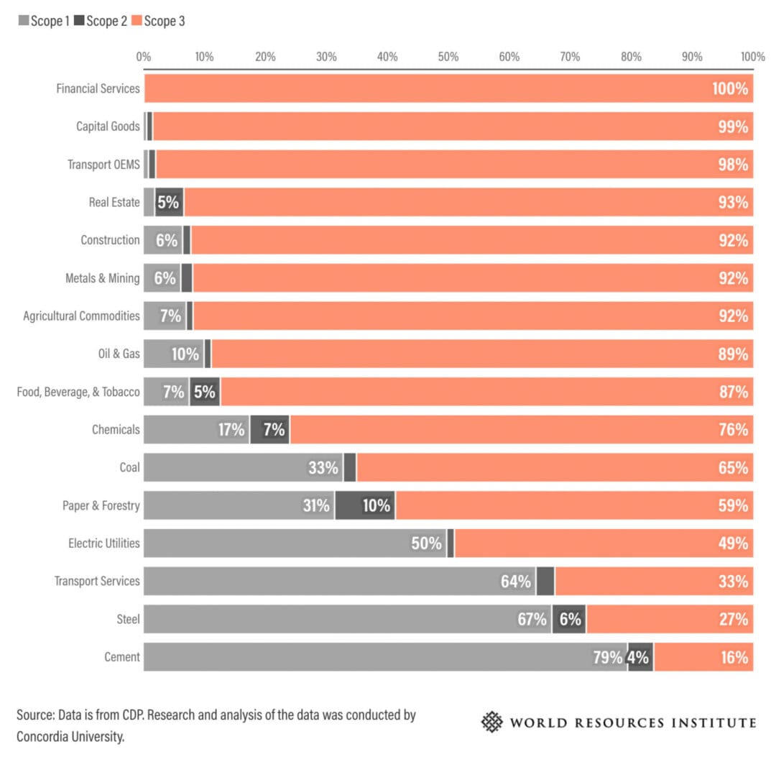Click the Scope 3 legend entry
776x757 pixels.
(158, 21)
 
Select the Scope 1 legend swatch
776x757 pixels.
(23, 21)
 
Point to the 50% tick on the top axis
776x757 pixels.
(448, 57)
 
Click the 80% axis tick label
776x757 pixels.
(631, 57)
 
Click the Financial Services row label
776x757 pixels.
(98, 88)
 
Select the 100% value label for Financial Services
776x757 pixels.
(729, 88)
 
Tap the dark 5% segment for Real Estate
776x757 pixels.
(169, 202)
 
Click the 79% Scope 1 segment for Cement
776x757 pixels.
(385, 657)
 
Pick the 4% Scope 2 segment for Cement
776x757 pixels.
(640, 657)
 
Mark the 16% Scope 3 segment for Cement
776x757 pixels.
(703, 657)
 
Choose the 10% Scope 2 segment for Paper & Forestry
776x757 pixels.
(365, 505)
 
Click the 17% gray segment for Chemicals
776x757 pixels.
(196, 430)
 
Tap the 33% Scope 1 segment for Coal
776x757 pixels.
(243, 467)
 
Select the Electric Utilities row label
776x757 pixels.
(103, 543)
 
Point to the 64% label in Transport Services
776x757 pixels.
(515, 581)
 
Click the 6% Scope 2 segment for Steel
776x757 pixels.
(568, 619)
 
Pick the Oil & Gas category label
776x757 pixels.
(119, 354)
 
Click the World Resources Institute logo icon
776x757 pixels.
(492, 722)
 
